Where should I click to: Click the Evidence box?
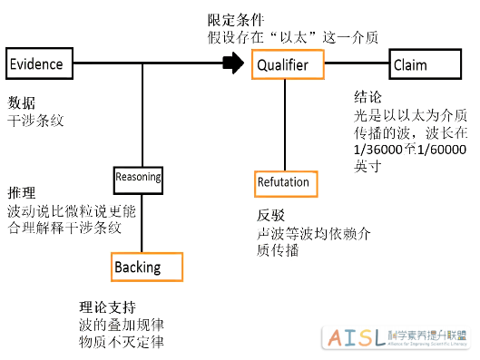click(36, 64)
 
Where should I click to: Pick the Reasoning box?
click(138, 177)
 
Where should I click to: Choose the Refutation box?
click(283, 181)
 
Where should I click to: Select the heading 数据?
click(22, 102)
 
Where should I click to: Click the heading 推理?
click(22, 193)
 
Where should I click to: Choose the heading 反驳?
click(271, 216)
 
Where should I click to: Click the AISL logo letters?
click(353, 338)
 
